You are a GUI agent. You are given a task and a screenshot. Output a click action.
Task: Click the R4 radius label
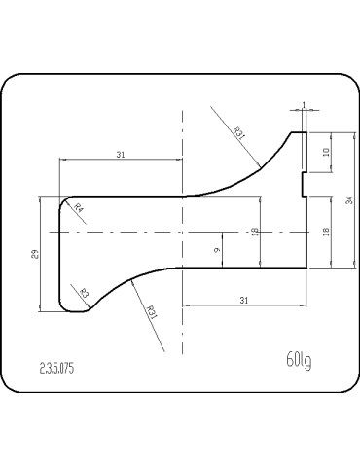point(79,207)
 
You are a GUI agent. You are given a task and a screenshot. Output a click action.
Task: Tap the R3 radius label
point(84,294)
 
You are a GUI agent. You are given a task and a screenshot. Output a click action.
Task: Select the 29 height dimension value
point(36,254)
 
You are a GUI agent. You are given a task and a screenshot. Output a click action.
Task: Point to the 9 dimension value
point(217,250)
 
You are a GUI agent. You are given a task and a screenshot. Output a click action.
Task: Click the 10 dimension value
point(326,152)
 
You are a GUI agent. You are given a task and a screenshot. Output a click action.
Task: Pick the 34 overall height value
point(349,200)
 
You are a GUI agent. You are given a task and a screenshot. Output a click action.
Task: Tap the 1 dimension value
point(304,104)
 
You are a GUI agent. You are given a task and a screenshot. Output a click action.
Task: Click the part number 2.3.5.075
point(56,369)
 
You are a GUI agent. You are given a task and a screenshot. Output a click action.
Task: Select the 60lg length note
point(299,360)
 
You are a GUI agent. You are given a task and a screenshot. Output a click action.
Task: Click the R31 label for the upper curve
point(238,133)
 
